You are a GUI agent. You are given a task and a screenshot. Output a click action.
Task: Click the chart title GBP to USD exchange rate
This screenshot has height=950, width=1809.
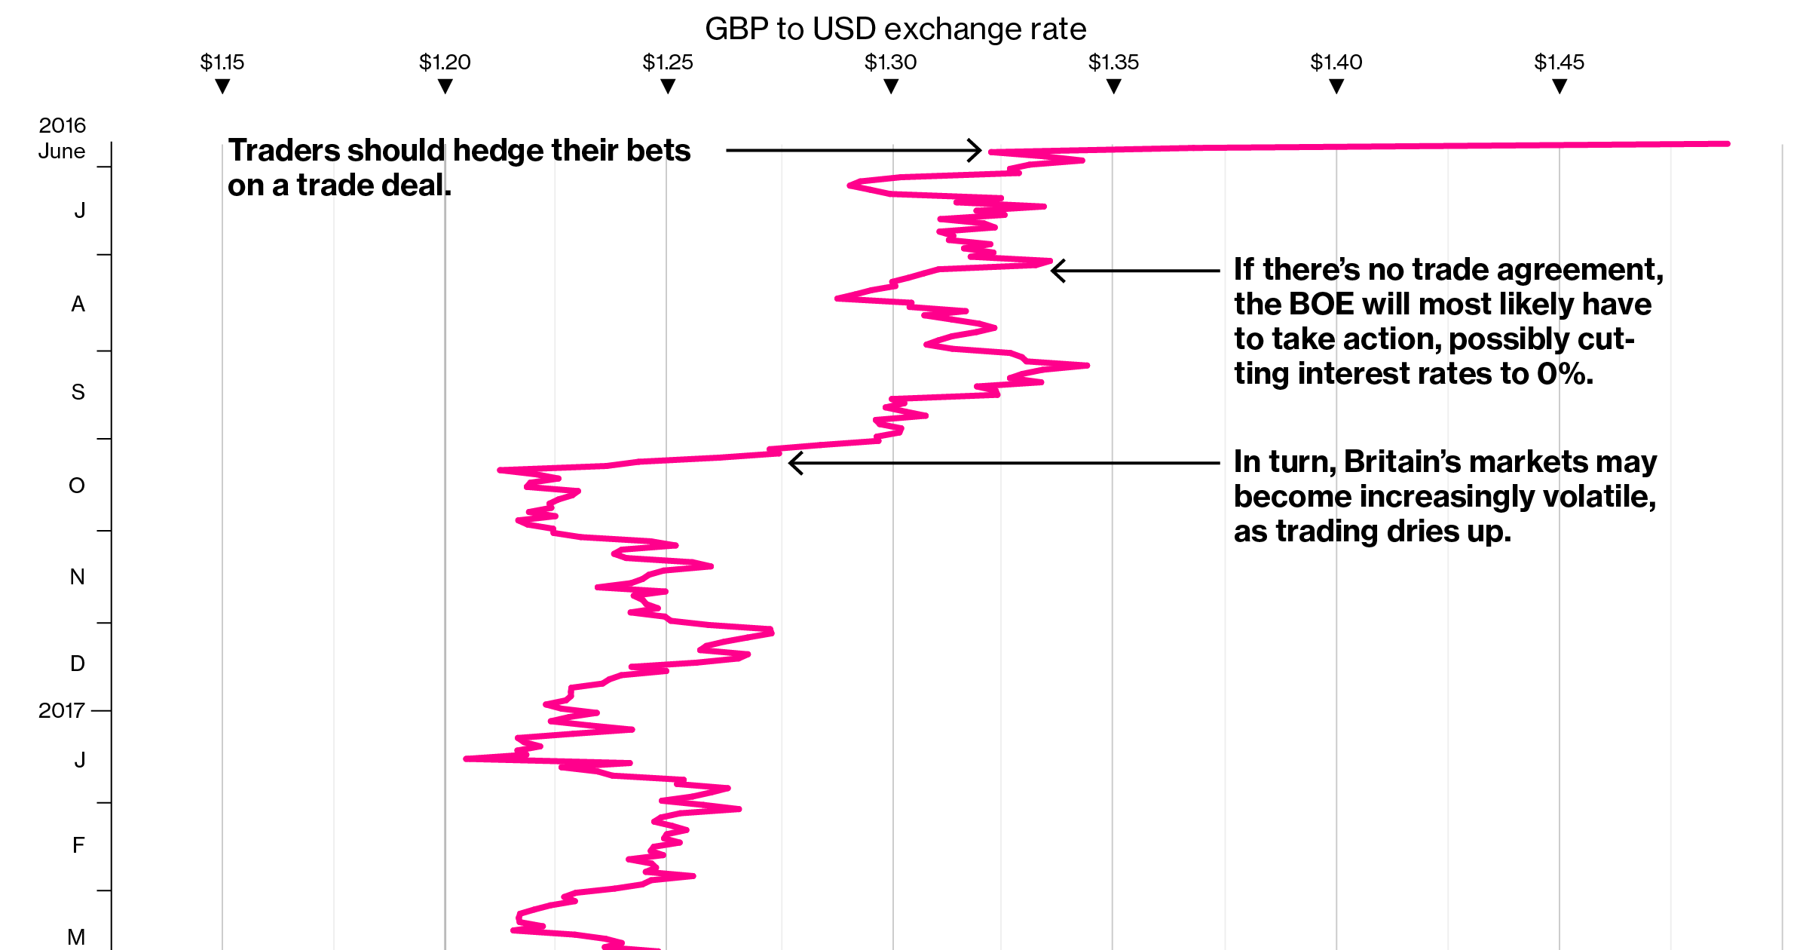point(895,29)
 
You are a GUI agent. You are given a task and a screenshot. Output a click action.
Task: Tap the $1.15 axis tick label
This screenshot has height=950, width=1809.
point(222,62)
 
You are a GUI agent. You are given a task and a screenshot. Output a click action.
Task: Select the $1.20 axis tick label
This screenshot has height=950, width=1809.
point(445,62)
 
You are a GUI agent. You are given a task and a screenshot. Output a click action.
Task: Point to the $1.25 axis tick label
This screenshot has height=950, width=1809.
point(668,62)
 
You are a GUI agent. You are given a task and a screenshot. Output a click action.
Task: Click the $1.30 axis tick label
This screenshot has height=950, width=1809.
point(891,62)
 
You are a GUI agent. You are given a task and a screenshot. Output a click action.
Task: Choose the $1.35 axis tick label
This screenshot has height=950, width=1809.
point(1113,62)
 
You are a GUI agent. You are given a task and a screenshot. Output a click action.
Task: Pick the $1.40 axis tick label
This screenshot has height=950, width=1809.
point(1336,62)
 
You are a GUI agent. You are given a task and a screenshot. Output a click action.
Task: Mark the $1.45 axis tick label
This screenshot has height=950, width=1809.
point(1560,62)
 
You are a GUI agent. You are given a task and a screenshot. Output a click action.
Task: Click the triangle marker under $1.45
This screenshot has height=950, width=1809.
point(1560,87)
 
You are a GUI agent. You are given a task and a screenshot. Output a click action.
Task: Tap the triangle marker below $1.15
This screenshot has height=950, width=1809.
point(222,87)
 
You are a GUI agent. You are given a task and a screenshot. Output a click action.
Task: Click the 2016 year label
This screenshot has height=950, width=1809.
point(63,125)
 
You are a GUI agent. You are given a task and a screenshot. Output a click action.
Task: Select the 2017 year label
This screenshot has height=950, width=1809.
point(61,710)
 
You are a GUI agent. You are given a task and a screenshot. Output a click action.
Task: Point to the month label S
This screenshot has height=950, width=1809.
point(78,392)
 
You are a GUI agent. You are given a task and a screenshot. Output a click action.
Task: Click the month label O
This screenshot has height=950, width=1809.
point(77,486)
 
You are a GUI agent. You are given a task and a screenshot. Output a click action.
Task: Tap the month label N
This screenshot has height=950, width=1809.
point(77,577)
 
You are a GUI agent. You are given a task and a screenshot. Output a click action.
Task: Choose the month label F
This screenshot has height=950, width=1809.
point(78,845)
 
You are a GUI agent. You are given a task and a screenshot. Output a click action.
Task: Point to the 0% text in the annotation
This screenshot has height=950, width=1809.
point(1564,374)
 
